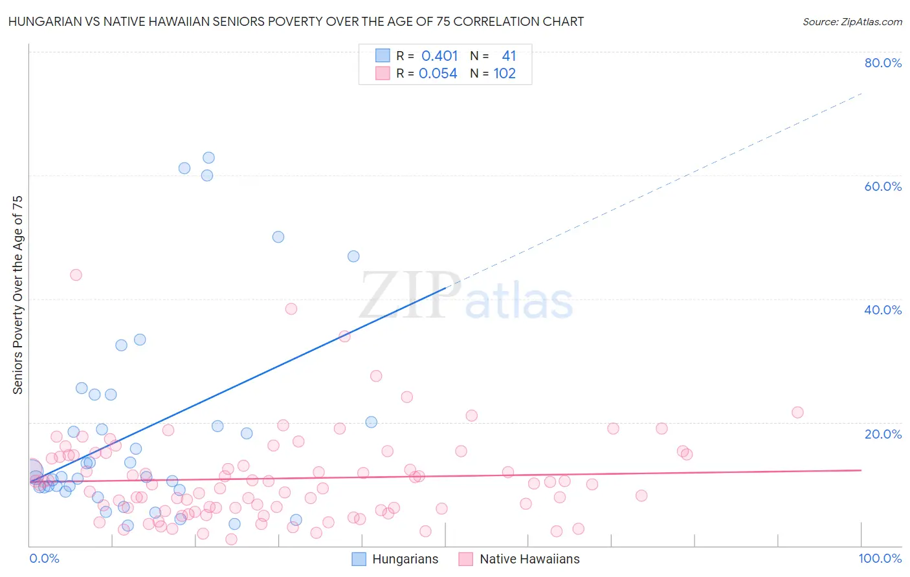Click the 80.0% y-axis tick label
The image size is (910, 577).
[883, 63]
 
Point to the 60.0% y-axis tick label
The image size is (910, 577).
[883, 186]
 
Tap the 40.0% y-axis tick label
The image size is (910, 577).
[883, 310]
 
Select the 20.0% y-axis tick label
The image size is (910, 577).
[883, 433]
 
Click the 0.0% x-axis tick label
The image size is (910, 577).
[44, 558]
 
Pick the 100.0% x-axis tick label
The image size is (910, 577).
[880, 558]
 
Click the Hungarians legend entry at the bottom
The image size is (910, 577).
[395, 559]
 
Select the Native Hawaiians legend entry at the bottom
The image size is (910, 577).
[519, 559]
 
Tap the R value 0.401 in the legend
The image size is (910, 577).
[439, 56]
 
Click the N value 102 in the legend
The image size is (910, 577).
[504, 74]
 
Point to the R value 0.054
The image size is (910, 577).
[438, 74]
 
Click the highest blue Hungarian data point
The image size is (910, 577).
[208, 158]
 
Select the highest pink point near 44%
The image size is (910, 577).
[76, 275]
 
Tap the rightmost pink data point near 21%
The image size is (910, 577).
[797, 413]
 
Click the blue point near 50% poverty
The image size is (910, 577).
[278, 237]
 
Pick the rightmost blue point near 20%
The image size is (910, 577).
[372, 422]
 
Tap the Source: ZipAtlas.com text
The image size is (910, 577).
[852, 21]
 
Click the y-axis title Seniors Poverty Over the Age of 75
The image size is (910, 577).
[17, 295]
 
